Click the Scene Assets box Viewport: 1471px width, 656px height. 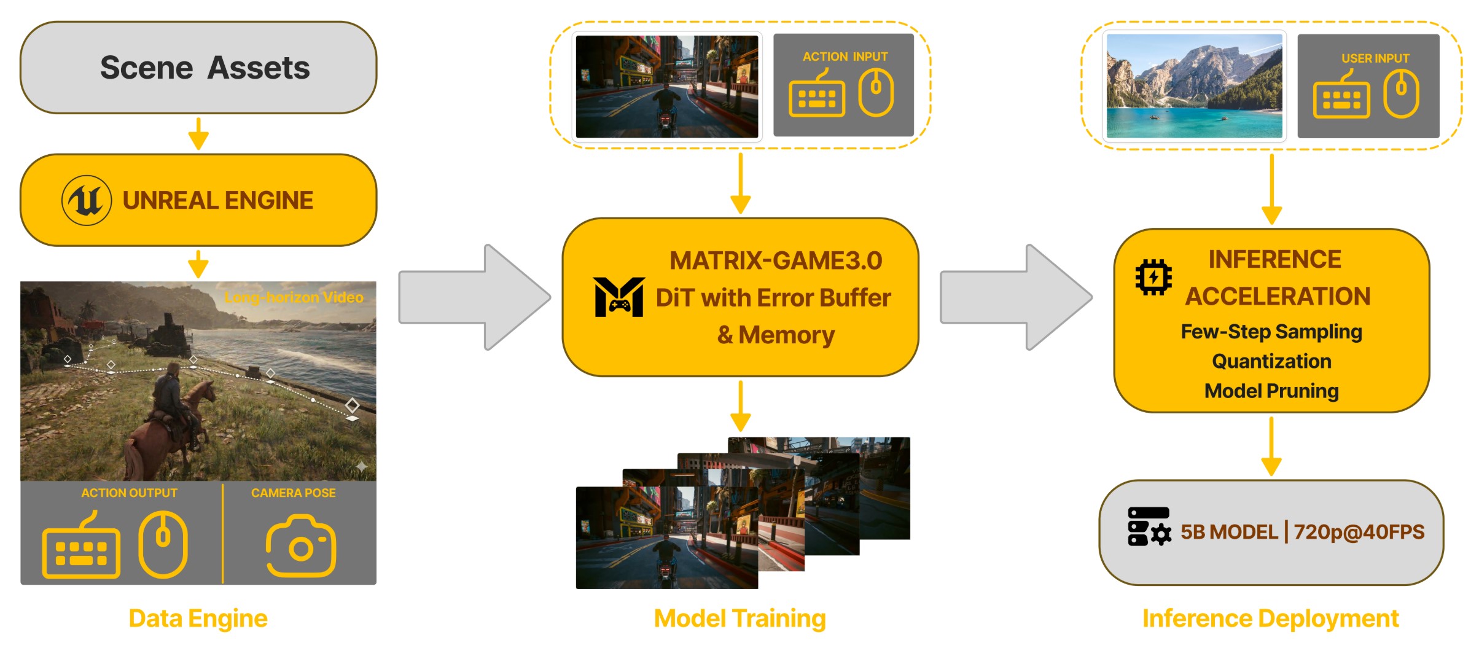[x=198, y=68]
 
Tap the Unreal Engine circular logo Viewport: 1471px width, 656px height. [x=87, y=200]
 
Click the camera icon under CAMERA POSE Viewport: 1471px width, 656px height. [x=301, y=546]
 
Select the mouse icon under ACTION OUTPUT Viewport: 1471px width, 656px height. [x=163, y=544]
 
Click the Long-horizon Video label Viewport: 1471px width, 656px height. [x=294, y=297]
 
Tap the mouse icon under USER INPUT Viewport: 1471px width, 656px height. [x=1401, y=93]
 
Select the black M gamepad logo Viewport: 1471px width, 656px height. [x=618, y=297]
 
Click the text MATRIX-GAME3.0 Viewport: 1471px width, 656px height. [x=775, y=260]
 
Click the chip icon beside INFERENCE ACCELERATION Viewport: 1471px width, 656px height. [x=1153, y=277]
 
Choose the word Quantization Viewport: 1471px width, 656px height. [x=1271, y=361]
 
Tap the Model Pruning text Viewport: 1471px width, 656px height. [x=1271, y=391]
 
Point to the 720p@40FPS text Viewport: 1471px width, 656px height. [x=1359, y=532]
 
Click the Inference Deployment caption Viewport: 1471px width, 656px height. [x=1270, y=619]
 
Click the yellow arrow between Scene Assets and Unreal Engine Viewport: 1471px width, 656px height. [x=198, y=133]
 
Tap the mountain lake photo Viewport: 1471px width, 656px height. [x=1194, y=86]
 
